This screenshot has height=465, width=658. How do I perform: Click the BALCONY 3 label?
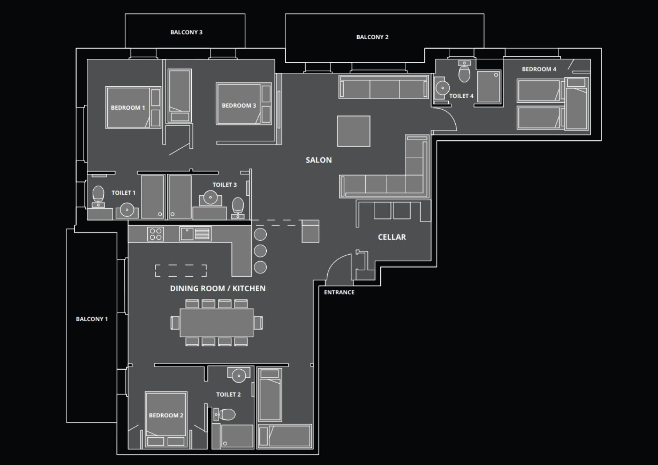click(x=186, y=32)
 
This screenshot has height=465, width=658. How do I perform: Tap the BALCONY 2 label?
click(x=372, y=37)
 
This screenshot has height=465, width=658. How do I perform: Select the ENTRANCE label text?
click(x=339, y=292)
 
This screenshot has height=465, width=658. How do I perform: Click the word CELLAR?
click(x=392, y=237)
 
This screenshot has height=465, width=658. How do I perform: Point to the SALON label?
click(x=318, y=160)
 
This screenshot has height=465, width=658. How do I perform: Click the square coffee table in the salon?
click(x=354, y=131)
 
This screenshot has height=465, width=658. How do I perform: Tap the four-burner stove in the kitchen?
click(x=156, y=234)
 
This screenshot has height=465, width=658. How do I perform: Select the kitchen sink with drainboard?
click(x=195, y=234)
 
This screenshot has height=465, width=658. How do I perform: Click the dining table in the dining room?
click(x=217, y=323)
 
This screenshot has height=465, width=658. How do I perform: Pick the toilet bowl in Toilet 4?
click(x=464, y=74)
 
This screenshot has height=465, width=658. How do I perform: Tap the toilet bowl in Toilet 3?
click(x=238, y=205)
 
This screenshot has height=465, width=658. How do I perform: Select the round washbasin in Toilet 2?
click(x=239, y=375)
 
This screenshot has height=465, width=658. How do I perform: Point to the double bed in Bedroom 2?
click(x=166, y=414)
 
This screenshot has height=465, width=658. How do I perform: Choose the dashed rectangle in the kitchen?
click(x=181, y=271)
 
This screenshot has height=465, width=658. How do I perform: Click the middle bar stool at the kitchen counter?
click(x=260, y=251)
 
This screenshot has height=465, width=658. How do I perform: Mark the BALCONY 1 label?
click(x=92, y=319)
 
